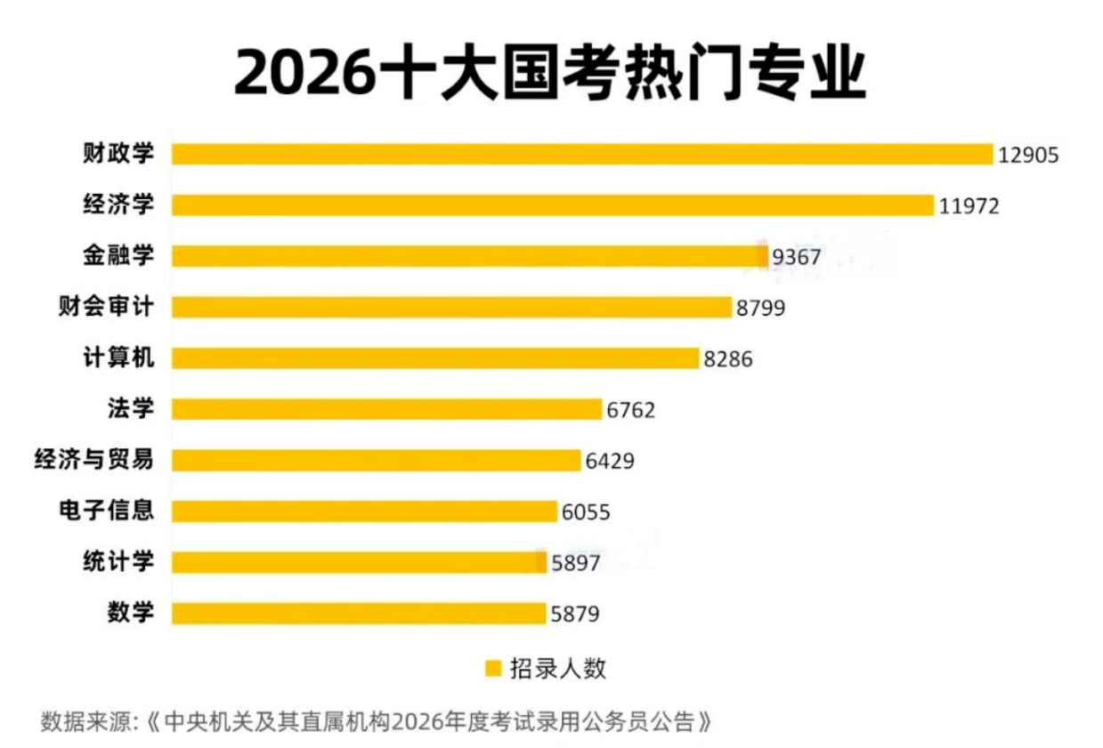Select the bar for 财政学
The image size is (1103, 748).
click(x=581, y=154)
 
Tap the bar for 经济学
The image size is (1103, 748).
click(x=552, y=205)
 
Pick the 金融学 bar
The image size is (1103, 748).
click(x=469, y=256)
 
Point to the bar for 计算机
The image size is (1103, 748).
click(x=434, y=358)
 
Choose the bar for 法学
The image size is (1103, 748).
click(x=386, y=409)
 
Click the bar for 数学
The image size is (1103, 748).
click(x=358, y=614)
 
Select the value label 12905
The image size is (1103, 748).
click(x=1028, y=155)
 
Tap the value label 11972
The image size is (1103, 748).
click(x=969, y=206)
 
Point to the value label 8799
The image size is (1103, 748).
click(x=761, y=309)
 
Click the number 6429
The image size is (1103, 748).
click(x=610, y=462)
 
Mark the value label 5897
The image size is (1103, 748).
click(x=576, y=564)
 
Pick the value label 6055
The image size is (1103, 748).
click(x=586, y=512)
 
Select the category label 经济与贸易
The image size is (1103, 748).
click(x=93, y=460)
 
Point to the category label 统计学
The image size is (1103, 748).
click(x=118, y=562)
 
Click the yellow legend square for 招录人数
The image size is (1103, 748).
click(x=492, y=669)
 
